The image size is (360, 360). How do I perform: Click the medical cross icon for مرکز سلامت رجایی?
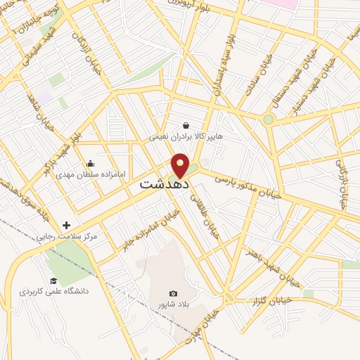point(67,226)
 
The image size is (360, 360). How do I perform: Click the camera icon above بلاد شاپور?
point(173,293)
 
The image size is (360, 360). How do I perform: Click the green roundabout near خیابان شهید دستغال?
point(268,120)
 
